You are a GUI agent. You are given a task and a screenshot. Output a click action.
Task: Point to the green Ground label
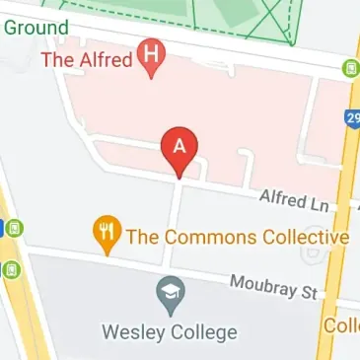click(x=36, y=27)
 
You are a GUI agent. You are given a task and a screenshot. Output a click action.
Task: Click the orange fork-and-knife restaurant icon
click(x=106, y=233)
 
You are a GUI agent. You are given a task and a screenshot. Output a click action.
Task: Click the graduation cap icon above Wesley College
click(x=168, y=292)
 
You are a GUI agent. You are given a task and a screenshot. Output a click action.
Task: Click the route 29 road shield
click(x=352, y=118)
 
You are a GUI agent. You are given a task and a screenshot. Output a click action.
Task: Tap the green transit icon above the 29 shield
click(x=349, y=69)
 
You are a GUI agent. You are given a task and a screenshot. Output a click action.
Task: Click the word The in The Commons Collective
click(x=142, y=238)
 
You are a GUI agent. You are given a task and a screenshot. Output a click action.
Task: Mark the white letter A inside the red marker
click(x=180, y=144)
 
